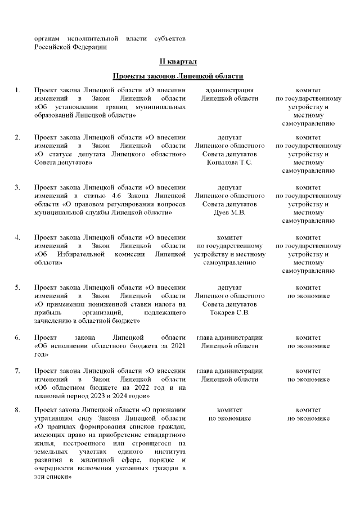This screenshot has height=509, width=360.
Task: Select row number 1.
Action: tap(18, 90)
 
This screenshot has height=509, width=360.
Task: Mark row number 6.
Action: tap(18, 337)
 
